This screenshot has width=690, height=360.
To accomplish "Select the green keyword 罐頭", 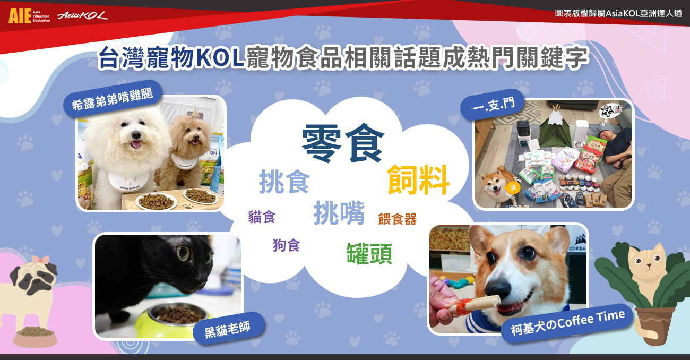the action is click(369, 253).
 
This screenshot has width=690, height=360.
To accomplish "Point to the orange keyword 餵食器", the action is click(397, 219).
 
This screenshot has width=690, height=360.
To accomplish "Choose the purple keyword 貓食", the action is click(262, 216).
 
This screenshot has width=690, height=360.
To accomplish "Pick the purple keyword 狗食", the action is click(286, 245).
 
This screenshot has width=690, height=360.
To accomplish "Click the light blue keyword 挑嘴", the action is click(339, 213).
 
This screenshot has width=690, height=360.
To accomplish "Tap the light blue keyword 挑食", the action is click(284, 182).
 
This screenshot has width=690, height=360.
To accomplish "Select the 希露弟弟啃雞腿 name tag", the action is click(113, 99).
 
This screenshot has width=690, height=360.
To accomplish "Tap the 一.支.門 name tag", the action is click(493, 105).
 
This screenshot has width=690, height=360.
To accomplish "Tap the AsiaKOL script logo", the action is click(83, 15).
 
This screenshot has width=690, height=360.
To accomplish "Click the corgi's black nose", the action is click(498, 290).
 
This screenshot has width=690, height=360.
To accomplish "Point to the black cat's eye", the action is click(184, 253).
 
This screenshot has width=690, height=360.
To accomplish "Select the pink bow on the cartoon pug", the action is click(40, 260).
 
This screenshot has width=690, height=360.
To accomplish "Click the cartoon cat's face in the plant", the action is click(647, 261).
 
